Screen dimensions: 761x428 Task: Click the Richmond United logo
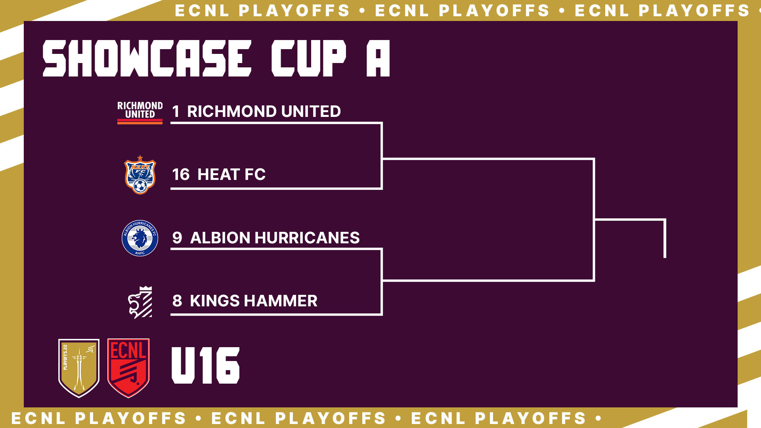[x=140, y=113]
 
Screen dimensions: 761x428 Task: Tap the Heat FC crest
[x=140, y=175]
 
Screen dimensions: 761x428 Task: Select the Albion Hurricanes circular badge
[x=140, y=238]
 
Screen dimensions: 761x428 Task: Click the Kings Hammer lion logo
[x=140, y=302]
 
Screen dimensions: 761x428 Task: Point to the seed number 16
[x=181, y=174]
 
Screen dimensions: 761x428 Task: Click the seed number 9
[x=177, y=238]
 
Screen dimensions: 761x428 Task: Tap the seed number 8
[x=177, y=301]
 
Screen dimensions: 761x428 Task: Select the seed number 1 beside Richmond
[x=176, y=111]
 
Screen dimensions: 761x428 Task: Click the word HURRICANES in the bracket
[x=307, y=238]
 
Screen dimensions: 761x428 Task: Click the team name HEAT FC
[x=231, y=174]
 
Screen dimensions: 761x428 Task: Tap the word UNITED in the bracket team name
[x=311, y=111]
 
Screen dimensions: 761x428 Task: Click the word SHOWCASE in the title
[x=147, y=58]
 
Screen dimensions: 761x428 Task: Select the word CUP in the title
[x=309, y=58]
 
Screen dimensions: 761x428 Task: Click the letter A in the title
[x=378, y=58]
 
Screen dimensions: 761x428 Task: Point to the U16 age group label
[x=205, y=365]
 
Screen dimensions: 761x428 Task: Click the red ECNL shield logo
[x=128, y=368]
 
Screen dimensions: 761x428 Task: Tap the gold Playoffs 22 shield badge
[x=79, y=368]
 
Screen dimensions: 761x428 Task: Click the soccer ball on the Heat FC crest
[x=140, y=185]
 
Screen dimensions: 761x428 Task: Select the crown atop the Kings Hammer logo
[x=146, y=289]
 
